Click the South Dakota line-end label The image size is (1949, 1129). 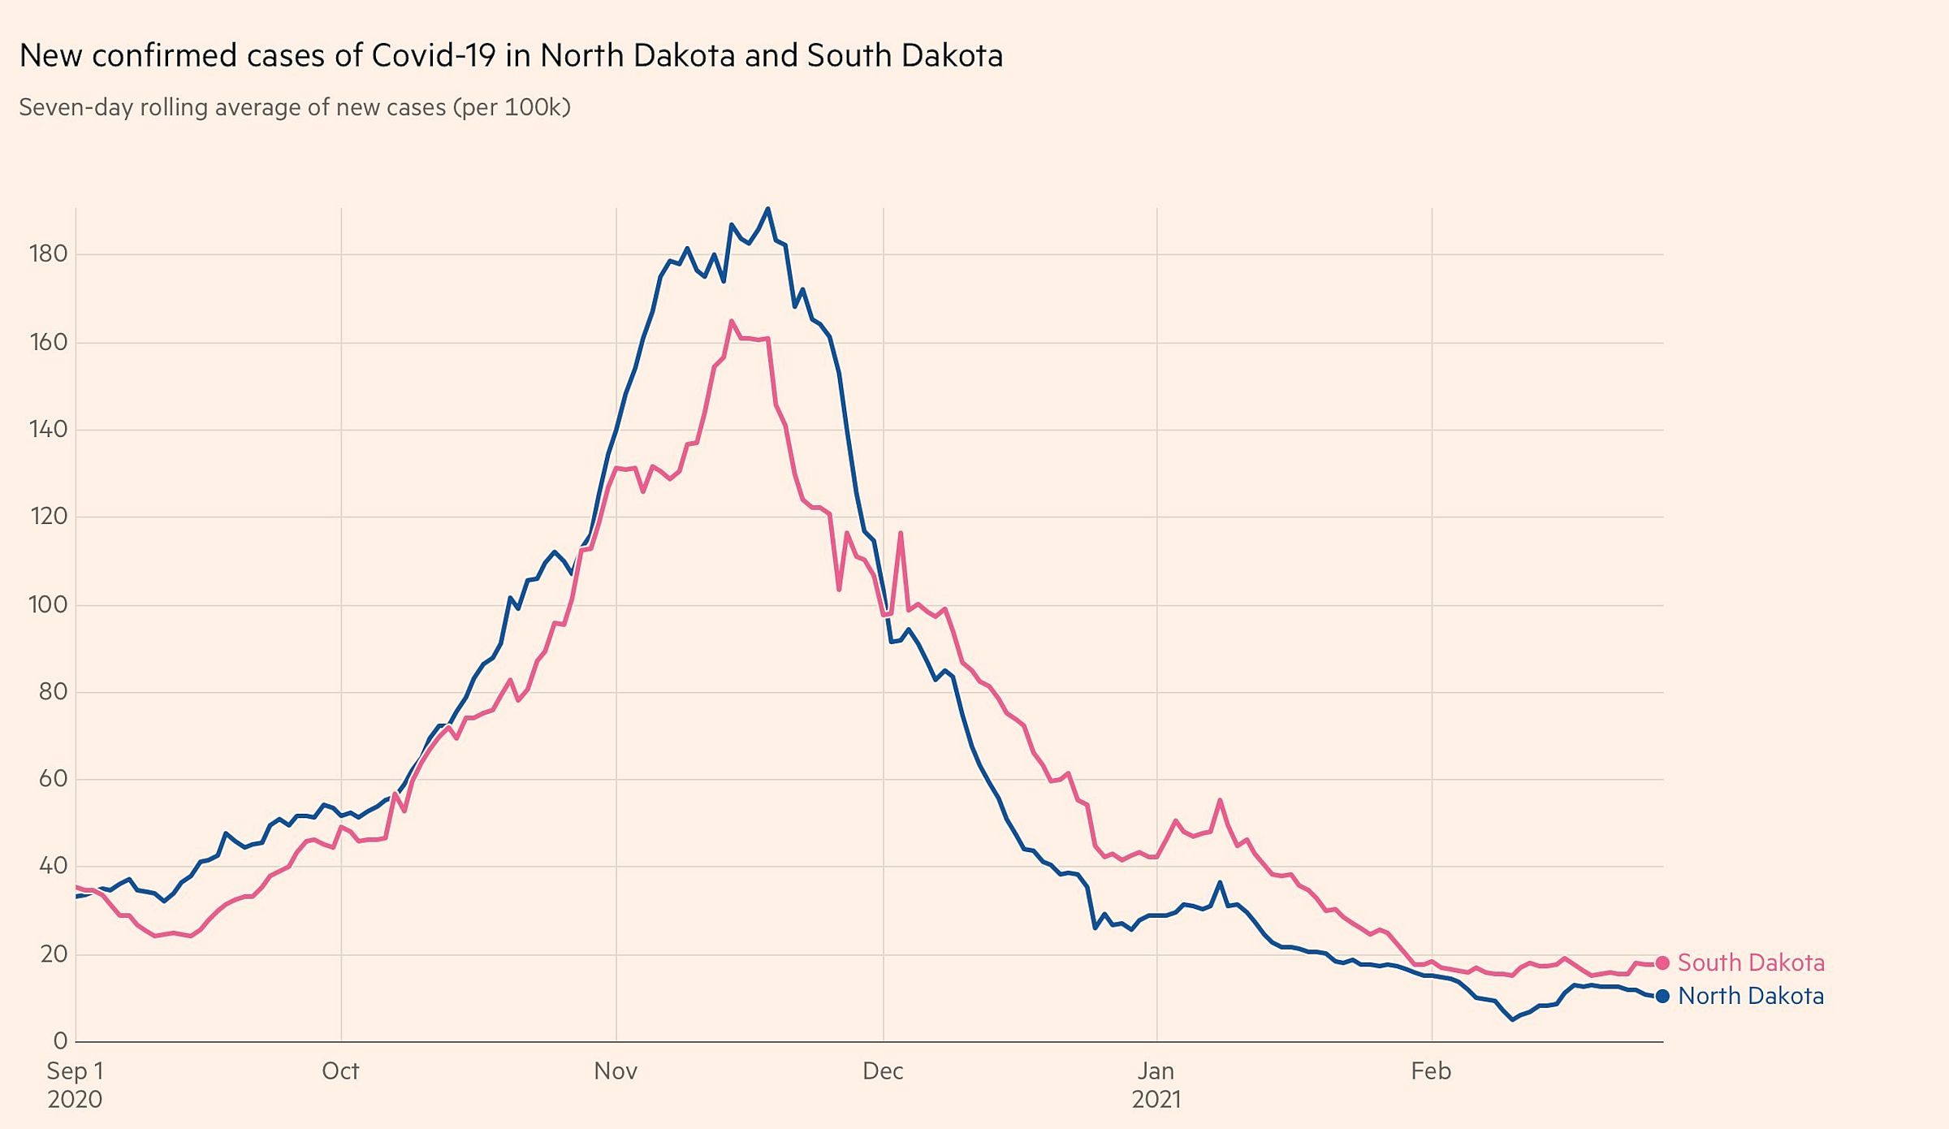pyautogui.click(x=1751, y=962)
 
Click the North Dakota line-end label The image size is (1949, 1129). pyautogui.click(x=1751, y=996)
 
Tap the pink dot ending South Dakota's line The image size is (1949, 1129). pyautogui.click(x=1662, y=962)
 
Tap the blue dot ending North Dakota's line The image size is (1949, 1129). pyautogui.click(x=1662, y=996)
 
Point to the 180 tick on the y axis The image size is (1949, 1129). pyautogui.click(x=48, y=254)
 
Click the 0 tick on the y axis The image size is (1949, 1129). pyautogui.click(x=60, y=1040)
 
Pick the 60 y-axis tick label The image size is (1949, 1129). pyautogui.click(x=53, y=779)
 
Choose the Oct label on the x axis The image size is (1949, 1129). pyautogui.click(x=340, y=1071)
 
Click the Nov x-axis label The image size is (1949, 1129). pyautogui.click(x=616, y=1071)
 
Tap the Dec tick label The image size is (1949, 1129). pyautogui.click(x=883, y=1071)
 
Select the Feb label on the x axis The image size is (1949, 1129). pyautogui.click(x=1431, y=1071)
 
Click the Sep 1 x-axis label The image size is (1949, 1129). pyautogui.click(x=75, y=1071)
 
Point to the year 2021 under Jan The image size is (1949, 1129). pyautogui.click(x=1156, y=1100)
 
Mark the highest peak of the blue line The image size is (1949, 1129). pyautogui.click(x=767, y=209)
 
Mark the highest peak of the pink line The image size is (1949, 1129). pyautogui.click(x=732, y=321)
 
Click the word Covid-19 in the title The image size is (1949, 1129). pyautogui.click(x=434, y=55)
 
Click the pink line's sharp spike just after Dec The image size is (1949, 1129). pyautogui.click(x=901, y=533)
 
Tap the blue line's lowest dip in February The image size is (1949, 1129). pyautogui.click(x=1512, y=1019)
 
